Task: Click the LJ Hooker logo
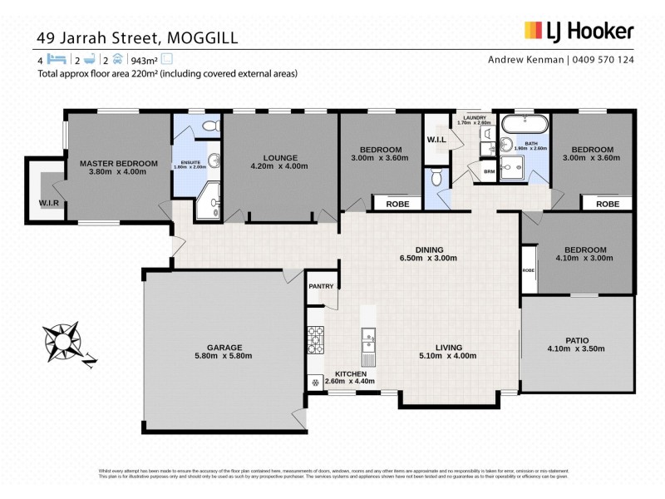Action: (x=579, y=32)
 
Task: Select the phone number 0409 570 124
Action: (x=603, y=60)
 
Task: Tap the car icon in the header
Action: (x=117, y=60)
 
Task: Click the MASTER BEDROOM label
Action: (x=118, y=163)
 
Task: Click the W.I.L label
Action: (x=437, y=139)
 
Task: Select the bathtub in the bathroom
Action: (x=523, y=126)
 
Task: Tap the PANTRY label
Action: (x=321, y=287)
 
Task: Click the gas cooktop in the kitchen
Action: (x=316, y=338)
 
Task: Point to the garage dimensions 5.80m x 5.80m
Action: (x=224, y=356)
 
